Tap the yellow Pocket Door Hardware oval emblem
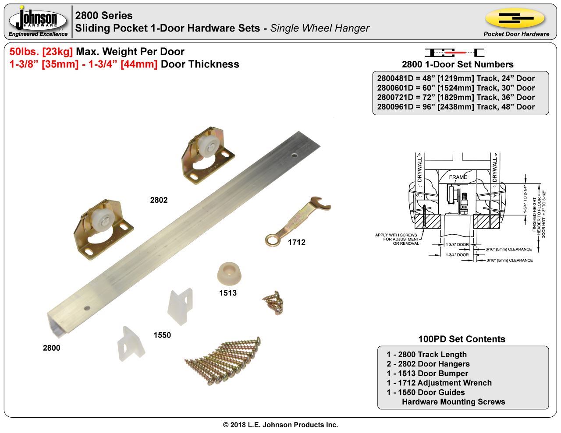point(515,18)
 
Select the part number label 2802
point(159,200)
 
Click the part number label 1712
point(296,242)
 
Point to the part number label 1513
point(228,293)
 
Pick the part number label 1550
point(162,335)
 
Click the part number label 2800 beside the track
point(52,348)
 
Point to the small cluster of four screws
point(273,302)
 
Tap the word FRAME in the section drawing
point(458,177)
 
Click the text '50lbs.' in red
point(25,52)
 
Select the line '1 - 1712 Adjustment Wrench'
point(439,383)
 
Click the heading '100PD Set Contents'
point(462,339)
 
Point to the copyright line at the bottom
point(280,425)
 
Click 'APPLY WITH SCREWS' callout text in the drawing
point(396,235)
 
